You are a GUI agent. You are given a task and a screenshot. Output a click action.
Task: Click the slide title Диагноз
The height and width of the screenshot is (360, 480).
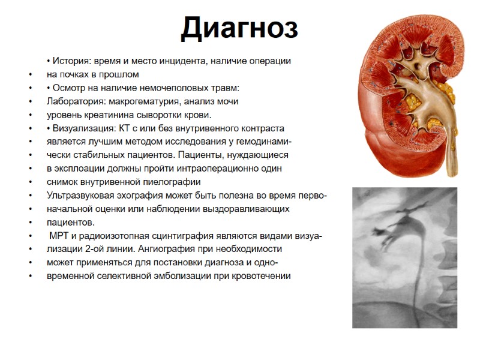(239, 29)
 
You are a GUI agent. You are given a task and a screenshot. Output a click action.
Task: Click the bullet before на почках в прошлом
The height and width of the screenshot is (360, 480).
(30, 74)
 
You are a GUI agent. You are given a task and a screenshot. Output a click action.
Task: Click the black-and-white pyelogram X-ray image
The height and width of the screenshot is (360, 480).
(404, 258)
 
